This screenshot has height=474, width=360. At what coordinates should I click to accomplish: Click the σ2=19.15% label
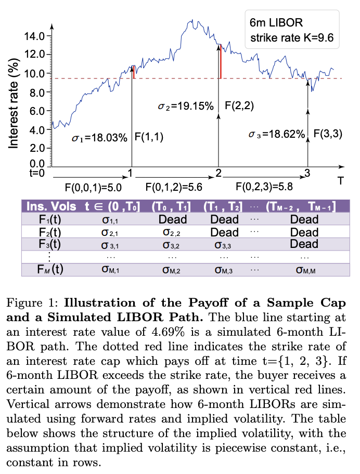[186, 107]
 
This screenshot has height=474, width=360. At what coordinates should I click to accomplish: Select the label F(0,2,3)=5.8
[263, 186]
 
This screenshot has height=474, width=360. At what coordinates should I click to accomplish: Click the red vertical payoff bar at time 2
[221, 62]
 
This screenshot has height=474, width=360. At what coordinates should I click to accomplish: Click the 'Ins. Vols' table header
[50, 207]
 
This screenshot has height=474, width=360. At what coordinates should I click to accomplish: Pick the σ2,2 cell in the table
[172, 232]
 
